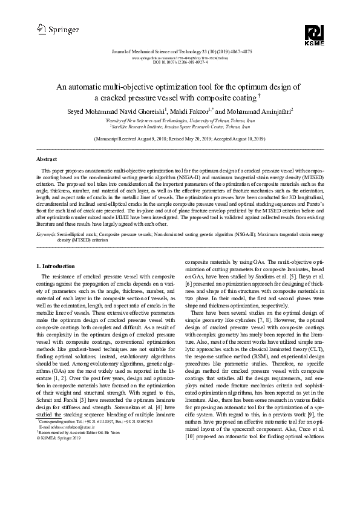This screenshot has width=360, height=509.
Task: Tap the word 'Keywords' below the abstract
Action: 47,233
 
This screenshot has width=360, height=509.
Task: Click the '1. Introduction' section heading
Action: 56,266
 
